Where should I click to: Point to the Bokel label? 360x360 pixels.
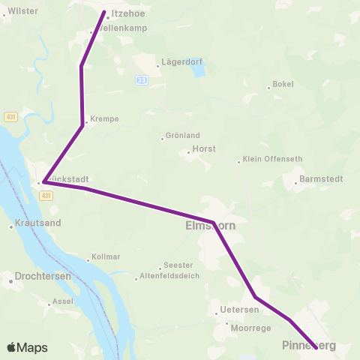pyautogui.click(x=283, y=85)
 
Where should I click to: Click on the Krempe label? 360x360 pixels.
pyautogui.click(x=103, y=119)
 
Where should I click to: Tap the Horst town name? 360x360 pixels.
pyautogui.click(x=204, y=149)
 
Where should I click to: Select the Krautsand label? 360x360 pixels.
pyautogui.click(x=38, y=223)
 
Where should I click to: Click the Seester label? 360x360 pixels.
pyautogui.click(x=179, y=265)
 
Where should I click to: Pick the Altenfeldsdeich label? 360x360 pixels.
pyautogui.click(x=172, y=277)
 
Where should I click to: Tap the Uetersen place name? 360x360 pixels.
pyautogui.click(x=240, y=310)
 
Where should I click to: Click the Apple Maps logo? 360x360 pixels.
pyautogui.click(x=27, y=347)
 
